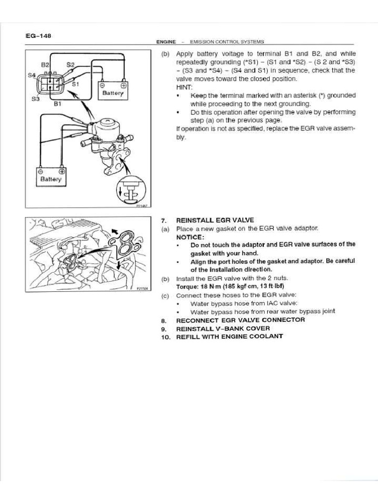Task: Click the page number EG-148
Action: (38, 36)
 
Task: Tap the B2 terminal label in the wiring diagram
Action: (45, 65)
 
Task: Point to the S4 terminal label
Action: (32, 75)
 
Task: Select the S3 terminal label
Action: (34, 98)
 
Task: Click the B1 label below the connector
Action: (57, 104)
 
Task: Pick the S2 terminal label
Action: (70, 64)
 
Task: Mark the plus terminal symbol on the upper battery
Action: (123, 84)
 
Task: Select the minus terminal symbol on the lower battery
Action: (41, 171)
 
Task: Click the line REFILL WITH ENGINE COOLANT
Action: (229, 337)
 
